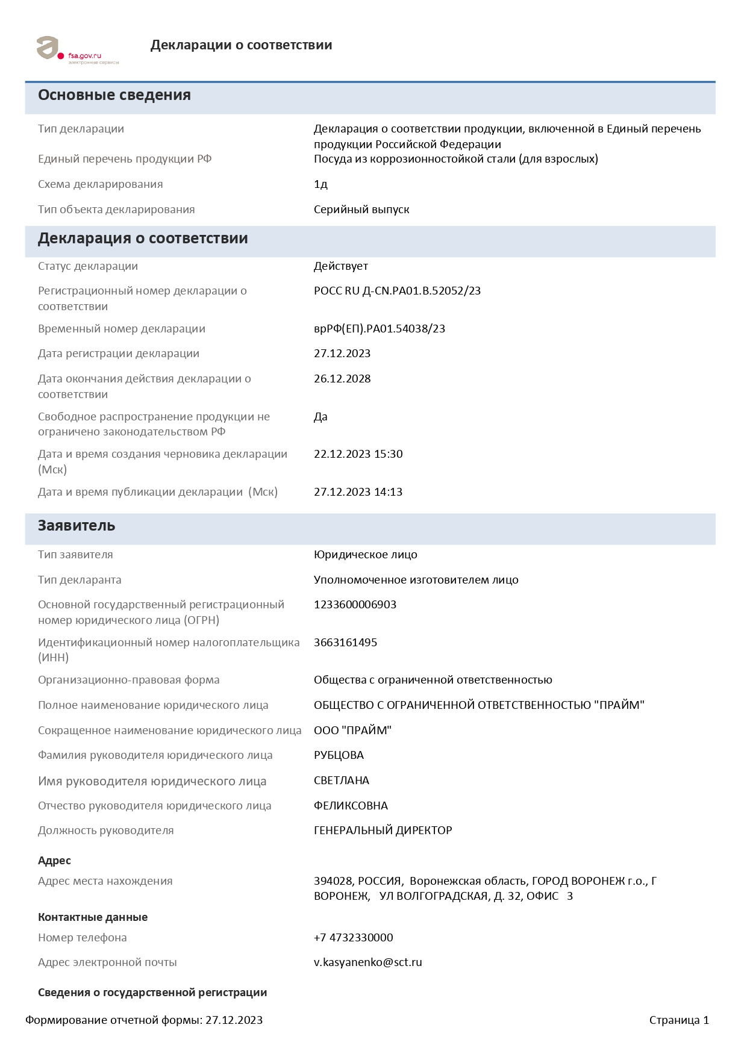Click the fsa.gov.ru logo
tap(77, 50)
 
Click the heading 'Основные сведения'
tap(114, 95)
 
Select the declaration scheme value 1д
tap(320, 184)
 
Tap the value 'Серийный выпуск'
tap(361, 210)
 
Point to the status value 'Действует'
tap(341, 266)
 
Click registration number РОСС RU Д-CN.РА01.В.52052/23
tap(397, 291)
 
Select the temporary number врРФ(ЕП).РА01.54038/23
tap(380, 329)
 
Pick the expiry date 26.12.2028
tap(342, 379)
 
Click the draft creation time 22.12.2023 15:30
tap(358, 454)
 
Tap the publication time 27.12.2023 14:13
tap(358, 492)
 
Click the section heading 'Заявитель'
tap(77, 526)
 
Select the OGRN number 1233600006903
tap(355, 605)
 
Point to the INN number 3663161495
tap(345, 643)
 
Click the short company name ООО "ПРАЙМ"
tap(352, 731)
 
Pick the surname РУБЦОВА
tap(339, 755)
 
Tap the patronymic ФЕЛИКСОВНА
tap(351, 806)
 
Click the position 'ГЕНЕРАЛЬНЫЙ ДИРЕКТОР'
tap(383, 831)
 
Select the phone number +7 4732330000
tap(353, 938)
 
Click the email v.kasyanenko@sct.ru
tap(367, 962)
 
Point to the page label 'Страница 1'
tap(679, 1020)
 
